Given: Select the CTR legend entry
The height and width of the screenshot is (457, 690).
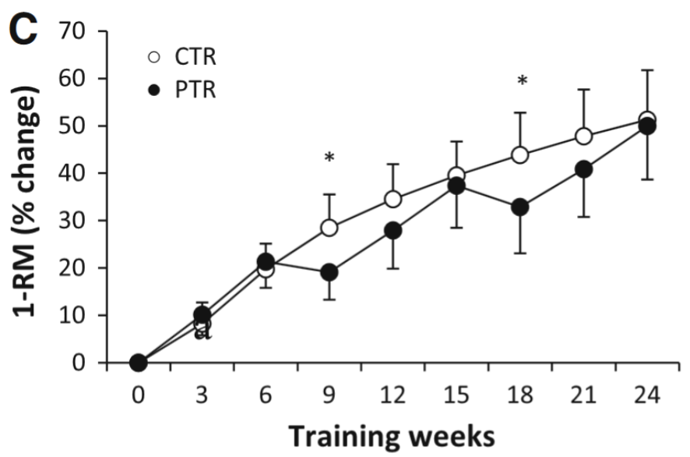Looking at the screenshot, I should (183, 58).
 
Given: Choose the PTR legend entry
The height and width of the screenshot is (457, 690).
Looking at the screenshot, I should (183, 90).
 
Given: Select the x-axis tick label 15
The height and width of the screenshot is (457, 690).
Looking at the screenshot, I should (456, 395).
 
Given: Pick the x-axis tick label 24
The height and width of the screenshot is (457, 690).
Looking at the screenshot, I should (647, 395).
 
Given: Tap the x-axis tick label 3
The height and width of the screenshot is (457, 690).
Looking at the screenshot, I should (202, 395).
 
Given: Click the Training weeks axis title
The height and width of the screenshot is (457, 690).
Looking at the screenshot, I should (393, 436).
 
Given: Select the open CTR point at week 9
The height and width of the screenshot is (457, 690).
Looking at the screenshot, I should (329, 228).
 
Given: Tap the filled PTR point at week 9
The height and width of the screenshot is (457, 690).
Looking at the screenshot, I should (329, 272).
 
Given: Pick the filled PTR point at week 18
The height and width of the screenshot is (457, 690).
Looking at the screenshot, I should (520, 207).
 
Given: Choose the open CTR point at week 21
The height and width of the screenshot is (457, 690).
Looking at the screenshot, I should (583, 136).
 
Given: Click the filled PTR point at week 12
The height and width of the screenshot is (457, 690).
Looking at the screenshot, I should (393, 231).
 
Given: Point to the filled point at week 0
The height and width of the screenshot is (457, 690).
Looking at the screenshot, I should (139, 363).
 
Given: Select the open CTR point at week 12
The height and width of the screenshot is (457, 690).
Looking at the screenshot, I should (393, 200).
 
